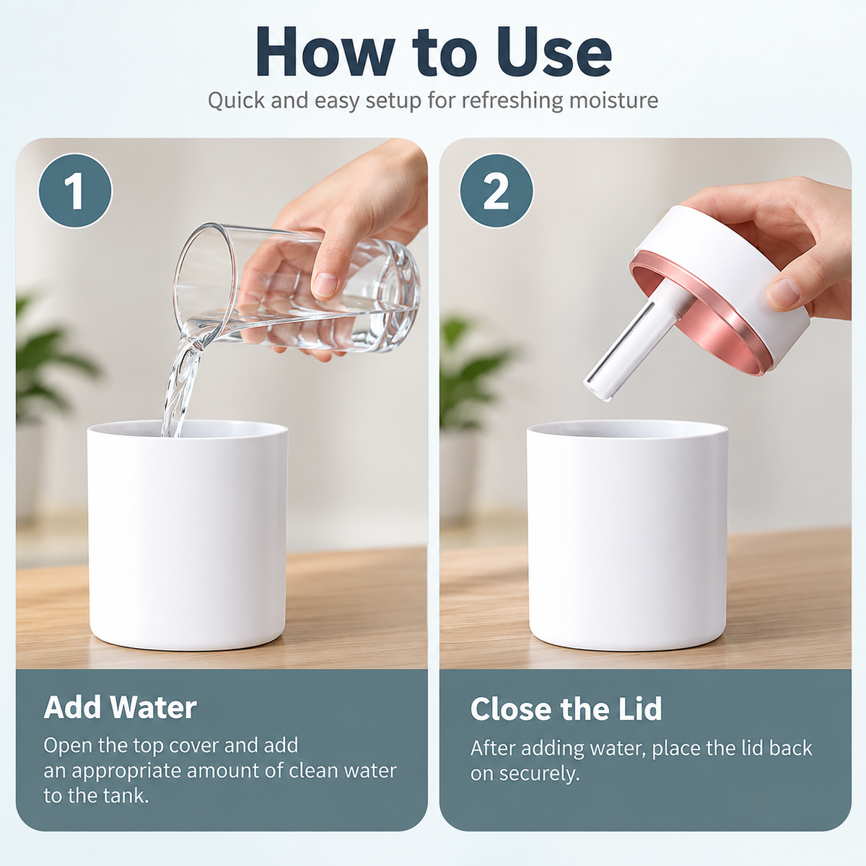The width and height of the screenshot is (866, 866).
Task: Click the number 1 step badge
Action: pyautogui.click(x=75, y=191)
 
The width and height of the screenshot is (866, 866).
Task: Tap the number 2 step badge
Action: pyautogui.click(x=496, y=191)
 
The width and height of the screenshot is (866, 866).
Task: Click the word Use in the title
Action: pyautogui.click(x=554, y=53)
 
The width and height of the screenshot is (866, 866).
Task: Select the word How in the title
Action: pyautogui.click(x=325, y=53)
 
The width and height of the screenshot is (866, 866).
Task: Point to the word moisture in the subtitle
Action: pyautogui.click(x=613, y=100)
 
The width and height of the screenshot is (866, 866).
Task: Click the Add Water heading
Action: pyautogui.click(x=120, y=708)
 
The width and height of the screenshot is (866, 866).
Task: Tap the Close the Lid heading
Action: pyautogui.click(x=566, y=709)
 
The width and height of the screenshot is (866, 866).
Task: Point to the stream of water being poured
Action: pyautogui.click(x=180, y=387)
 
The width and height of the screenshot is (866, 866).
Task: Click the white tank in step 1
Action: pyautogui.click(x=187, y=535)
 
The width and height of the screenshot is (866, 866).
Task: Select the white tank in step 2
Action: pyautogui.click(x=627, y=535)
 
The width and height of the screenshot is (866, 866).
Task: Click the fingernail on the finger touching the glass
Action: pyautogui.click(x=325, y=284)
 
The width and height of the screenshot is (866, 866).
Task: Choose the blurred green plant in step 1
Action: pyautogui.click(x=50, y=359)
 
